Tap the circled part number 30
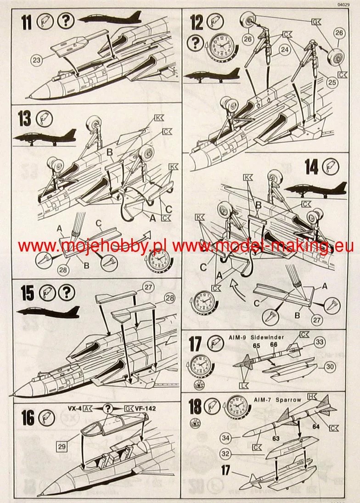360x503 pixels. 328,366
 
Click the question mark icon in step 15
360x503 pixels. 67,292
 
